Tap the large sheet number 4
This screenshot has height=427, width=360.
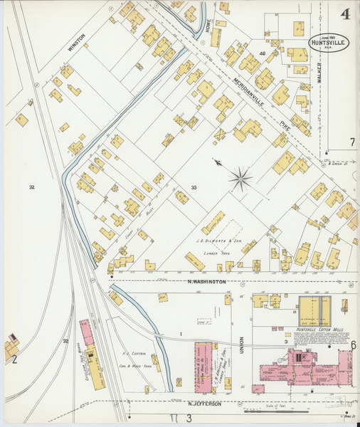[x=344, y=14]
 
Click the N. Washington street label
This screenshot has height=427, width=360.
[x=206, y=282]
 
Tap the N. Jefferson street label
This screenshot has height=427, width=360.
[x=206, y=404]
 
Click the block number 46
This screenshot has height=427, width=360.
[x=263, y=53]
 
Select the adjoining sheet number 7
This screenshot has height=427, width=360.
[x=351, y=142]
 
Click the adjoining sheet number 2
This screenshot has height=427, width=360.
[x=14, y=359]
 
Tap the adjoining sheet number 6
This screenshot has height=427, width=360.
[x=352, y=344]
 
